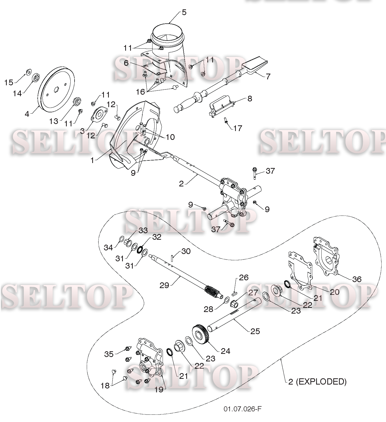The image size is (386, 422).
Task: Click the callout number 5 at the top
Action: pos(184,12)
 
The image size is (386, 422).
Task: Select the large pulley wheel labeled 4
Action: pos(56,88)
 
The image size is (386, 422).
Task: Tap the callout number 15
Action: pos(9,82)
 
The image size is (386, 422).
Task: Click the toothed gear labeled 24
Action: pos(201,335)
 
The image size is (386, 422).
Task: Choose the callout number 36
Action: pos(357,279)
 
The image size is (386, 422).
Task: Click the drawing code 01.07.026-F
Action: pos(243,409)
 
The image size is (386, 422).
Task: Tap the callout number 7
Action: pos(268,76)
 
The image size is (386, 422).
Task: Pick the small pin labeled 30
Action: pos(172,257)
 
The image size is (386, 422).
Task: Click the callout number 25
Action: pos(255,331)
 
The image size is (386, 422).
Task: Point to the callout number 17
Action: pos(237,128)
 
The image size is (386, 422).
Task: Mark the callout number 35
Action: pos(109,354)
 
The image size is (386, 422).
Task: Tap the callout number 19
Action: pos(159,389)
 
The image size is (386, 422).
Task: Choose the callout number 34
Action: pos(108,248)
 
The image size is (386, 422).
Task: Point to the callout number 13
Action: pos(54,121)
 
